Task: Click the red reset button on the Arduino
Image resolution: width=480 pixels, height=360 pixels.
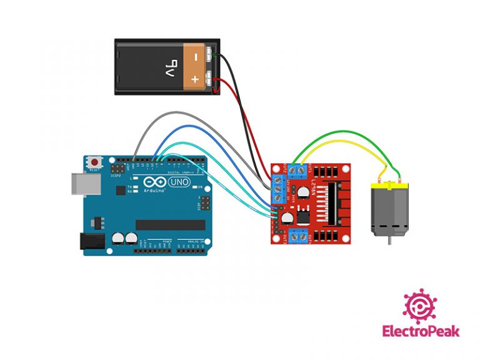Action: (96, 161)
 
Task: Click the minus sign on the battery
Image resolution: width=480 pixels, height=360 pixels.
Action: (196, 57)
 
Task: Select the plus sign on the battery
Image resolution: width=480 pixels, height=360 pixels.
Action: (195, 79)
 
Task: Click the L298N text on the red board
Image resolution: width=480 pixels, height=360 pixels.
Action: (315, 187)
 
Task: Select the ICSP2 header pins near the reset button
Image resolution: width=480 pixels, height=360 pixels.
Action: (118, 169)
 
